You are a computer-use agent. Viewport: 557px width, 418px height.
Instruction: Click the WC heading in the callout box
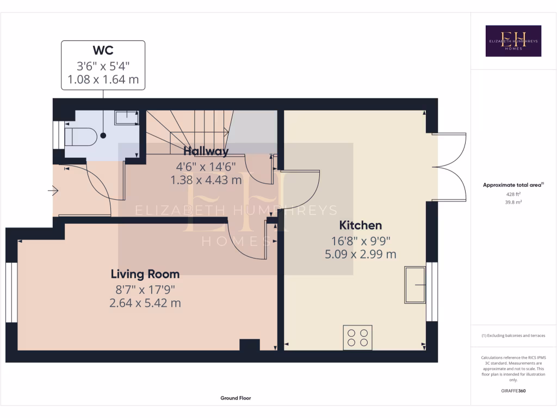tap(103, 51)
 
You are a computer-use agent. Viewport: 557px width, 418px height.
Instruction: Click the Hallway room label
tap(206, 151)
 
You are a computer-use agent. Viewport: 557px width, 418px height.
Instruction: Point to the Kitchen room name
tap(360, 225)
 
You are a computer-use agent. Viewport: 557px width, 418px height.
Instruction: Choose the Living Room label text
tap(145, 274)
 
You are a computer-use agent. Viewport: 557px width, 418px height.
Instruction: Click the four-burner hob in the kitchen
tap(357, 337)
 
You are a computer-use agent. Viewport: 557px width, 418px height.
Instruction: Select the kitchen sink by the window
tap(414, 285)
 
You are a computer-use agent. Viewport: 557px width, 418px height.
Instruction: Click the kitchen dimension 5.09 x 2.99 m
tap(360, 254)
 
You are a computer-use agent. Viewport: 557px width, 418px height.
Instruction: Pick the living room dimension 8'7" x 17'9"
tap(145, 289)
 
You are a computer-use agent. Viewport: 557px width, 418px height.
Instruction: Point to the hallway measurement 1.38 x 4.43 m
tap(206, 180)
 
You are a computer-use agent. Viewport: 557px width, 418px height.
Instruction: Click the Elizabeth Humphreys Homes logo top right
tap(513, 41)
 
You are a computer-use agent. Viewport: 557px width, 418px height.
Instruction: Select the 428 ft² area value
tap(513, 194)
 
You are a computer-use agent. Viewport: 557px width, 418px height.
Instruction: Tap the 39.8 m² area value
tap(513, 202)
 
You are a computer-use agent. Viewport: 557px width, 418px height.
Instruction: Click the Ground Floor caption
tap(236, 398)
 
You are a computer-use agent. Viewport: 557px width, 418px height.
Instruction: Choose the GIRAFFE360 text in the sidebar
tap(513, 391)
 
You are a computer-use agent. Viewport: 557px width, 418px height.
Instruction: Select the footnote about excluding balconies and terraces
tap(513, 336)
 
